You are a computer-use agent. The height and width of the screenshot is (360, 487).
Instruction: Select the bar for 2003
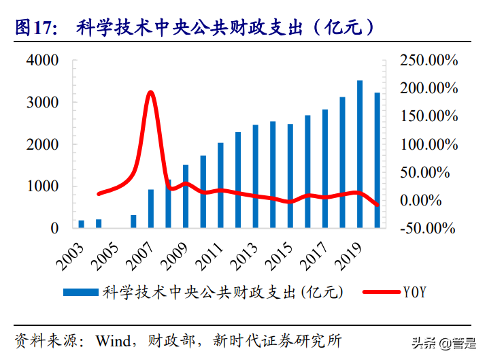click(82, 224)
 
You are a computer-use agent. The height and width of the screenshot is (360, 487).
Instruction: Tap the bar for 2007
click(151, 208)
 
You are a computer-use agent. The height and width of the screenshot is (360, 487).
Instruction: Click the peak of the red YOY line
click(150, 92)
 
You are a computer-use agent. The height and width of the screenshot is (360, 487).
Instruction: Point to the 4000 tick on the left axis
click(42, 61)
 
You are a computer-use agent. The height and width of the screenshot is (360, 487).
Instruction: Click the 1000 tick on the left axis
click(42, 186)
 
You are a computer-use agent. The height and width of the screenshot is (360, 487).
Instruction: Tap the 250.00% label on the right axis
click(429, 61)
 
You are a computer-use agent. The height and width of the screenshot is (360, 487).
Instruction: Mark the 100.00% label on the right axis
click(429, 144)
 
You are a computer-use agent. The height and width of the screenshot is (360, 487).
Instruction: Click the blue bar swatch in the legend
click(82, 292)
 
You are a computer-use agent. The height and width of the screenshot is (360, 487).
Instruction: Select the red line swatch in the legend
click(380, 292)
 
